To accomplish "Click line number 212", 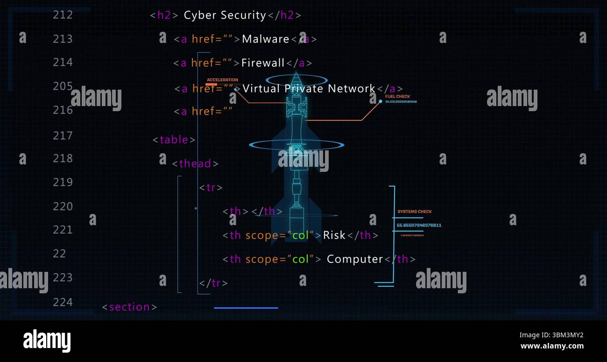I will [x=63, y=15].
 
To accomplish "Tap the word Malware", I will [x=266, y=39].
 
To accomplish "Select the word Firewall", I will [x=263, y=63].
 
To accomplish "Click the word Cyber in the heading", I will [x=200, y=15].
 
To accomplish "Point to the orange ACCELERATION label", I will [x=222, y=80].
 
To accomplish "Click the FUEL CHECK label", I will [x=397, y=97].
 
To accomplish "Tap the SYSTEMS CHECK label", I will [x=414, y=212].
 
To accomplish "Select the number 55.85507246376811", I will [x=419, y=225].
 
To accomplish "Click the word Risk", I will [x=334, y=235].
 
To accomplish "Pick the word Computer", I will [x=354, y=259].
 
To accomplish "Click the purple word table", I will [x=174, y=140].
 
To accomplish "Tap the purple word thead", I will [x=195, y=163].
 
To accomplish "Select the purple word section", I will [x=129, y=307].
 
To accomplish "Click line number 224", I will [x=63, y=302].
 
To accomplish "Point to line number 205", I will [x=63, y=86].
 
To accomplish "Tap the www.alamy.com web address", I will [x=552, y=346].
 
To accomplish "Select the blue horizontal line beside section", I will [x=246, y=308].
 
